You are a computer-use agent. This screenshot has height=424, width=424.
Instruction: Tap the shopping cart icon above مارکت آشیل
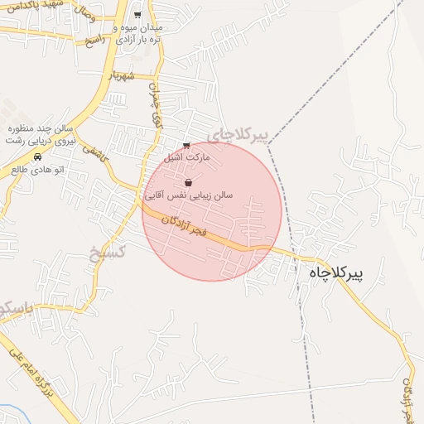point(185,146)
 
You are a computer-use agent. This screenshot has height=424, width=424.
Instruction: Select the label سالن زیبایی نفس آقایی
point(189,195)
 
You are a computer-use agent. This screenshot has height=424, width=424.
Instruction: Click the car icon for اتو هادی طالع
point(37,157)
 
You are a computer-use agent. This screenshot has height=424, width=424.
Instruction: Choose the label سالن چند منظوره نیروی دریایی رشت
point(42,135)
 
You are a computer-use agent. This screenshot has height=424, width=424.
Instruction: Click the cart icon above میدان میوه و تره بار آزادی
point(137,15)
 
